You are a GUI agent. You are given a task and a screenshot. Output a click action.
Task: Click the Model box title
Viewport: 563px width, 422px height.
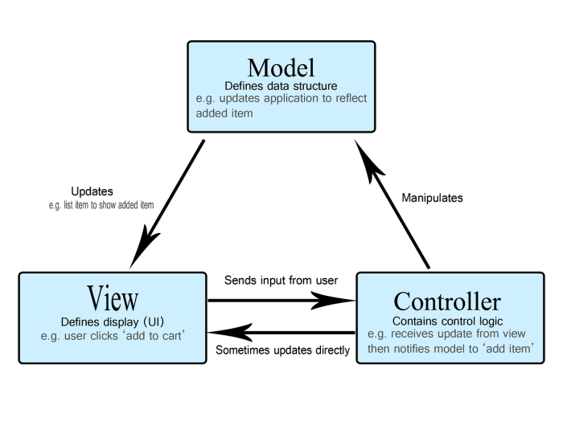(x=281, y=68)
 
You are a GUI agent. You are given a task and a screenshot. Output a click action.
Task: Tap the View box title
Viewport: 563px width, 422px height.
(x=113, y=298)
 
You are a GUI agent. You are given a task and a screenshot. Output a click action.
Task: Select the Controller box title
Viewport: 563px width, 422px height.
(x=447, y=301)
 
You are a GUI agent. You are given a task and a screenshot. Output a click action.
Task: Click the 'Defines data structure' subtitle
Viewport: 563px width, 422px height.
(x=281, y=86)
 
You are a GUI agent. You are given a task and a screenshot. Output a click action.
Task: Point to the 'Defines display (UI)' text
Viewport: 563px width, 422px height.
(x=113, y=322)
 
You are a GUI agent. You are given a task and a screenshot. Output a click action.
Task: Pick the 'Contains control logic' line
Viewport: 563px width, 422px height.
(x=447, y=321)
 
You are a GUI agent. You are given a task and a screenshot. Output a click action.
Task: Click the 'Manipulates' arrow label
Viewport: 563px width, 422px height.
(x=433, y=198)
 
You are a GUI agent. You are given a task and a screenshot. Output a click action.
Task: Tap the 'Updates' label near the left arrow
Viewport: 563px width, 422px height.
(x=92, y=191)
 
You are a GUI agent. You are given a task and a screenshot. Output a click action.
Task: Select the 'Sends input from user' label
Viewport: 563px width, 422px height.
(x=281, y=281)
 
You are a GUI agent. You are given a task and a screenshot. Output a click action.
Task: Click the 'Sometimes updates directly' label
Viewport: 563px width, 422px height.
(x=282, y=350)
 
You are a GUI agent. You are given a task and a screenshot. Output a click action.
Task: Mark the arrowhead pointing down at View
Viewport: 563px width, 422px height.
(x=144, y=247)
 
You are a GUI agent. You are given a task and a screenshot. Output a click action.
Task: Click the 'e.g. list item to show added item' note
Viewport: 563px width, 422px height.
(x=101, y=205)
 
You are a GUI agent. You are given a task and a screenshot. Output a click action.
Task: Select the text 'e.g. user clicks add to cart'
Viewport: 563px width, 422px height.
(x=113, y=336)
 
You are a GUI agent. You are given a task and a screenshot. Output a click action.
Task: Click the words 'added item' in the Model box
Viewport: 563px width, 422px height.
(x=224, y=113)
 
